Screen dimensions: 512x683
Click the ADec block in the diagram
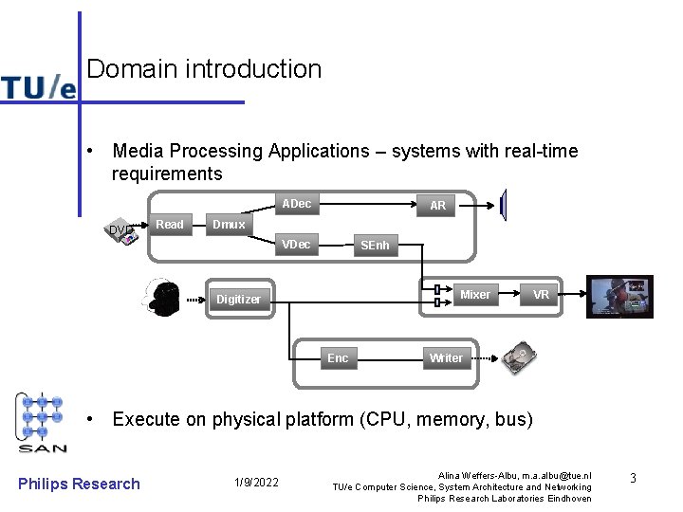(296, 204)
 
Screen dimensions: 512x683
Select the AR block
(437, 206)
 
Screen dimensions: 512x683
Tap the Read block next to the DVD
(170, 225)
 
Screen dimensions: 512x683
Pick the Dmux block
(229, 225)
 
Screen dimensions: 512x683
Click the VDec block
(296, 245)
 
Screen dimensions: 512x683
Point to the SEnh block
(374, 246)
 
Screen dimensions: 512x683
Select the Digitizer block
(238, 300)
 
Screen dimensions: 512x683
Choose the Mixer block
(474, 295)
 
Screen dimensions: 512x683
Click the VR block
(541, 295)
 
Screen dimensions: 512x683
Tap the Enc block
(338, 358)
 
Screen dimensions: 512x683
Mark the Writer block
(446, 358)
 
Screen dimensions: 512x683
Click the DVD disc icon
(122, 232)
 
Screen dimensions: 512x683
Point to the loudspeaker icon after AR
(504, 204)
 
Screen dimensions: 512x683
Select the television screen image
(619, 297)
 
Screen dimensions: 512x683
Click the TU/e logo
(38, 87)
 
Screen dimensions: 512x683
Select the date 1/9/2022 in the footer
(256, 484)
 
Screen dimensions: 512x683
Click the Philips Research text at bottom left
(79, 484)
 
